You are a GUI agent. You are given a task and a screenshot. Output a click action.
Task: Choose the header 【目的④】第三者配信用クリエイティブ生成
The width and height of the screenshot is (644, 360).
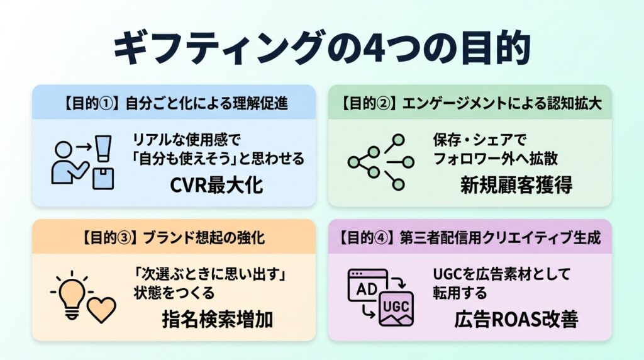(x=470, y=237)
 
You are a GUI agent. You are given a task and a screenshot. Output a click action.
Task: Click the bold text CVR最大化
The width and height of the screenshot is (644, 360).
(x=216, y=185)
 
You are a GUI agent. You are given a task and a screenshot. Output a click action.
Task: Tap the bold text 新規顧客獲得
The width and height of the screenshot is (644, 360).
(x=516, y=185)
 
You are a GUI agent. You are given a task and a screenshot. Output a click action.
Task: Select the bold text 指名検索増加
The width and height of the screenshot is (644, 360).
(x=218, y=319)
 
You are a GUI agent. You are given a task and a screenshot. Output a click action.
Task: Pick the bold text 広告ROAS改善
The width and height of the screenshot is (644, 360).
(x=516, y=319)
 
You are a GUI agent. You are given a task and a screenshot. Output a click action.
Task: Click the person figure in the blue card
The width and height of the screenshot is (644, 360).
(x=69, y=163)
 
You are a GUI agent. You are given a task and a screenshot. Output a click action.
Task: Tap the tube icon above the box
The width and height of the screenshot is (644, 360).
(x=103, y=149)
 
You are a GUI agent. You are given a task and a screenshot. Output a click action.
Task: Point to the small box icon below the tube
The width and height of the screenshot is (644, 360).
(x=103, y=178)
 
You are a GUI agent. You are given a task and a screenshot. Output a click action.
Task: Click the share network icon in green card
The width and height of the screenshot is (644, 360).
(x=380, y=162)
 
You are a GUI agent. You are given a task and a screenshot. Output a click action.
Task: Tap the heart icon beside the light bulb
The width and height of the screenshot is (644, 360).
(x=102, y=310)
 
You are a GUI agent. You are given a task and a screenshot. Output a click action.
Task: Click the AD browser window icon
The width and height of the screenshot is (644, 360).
(x=367, y=285)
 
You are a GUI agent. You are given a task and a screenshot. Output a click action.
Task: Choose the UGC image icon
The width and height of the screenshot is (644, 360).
(x=396, y=308)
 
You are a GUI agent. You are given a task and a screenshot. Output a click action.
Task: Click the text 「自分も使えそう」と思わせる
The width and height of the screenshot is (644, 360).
(x=218, y=159)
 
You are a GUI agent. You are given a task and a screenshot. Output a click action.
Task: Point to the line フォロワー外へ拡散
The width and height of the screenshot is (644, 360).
(x=496, y=159)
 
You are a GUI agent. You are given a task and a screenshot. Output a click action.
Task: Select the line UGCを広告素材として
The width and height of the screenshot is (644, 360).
(x=501, y=274)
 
